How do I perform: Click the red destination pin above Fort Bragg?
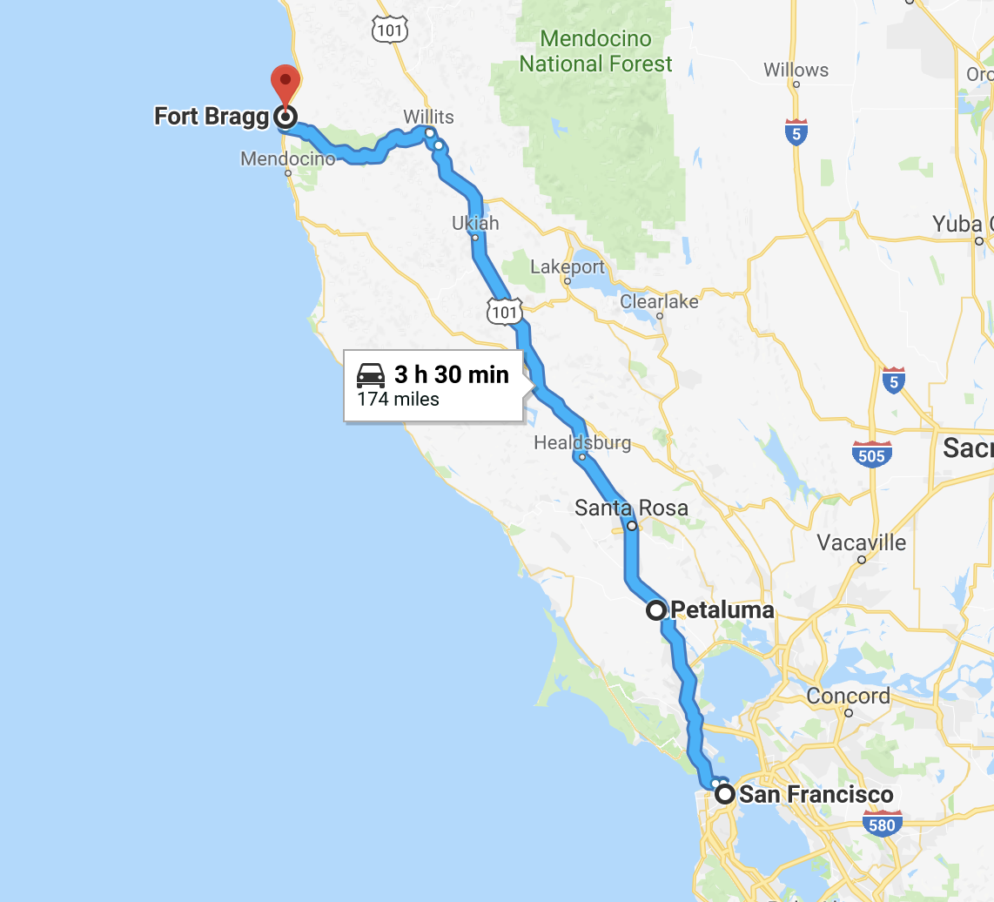285,84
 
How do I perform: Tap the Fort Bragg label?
212,116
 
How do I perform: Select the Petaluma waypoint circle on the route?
656,610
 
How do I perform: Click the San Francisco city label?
816,794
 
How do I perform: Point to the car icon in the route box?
371,376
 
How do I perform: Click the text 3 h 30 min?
451,374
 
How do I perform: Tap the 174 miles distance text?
398,400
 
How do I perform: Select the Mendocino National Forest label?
596,51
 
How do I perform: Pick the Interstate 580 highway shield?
882,824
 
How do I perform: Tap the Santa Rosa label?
631,508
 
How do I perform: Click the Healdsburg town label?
582,442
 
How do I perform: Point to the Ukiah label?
475,223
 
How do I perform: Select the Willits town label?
428,117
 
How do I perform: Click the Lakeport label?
567,266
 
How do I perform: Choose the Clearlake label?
659,301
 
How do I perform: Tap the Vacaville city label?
861,543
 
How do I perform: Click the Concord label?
848,696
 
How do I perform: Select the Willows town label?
796,70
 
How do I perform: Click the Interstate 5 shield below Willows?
796,131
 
